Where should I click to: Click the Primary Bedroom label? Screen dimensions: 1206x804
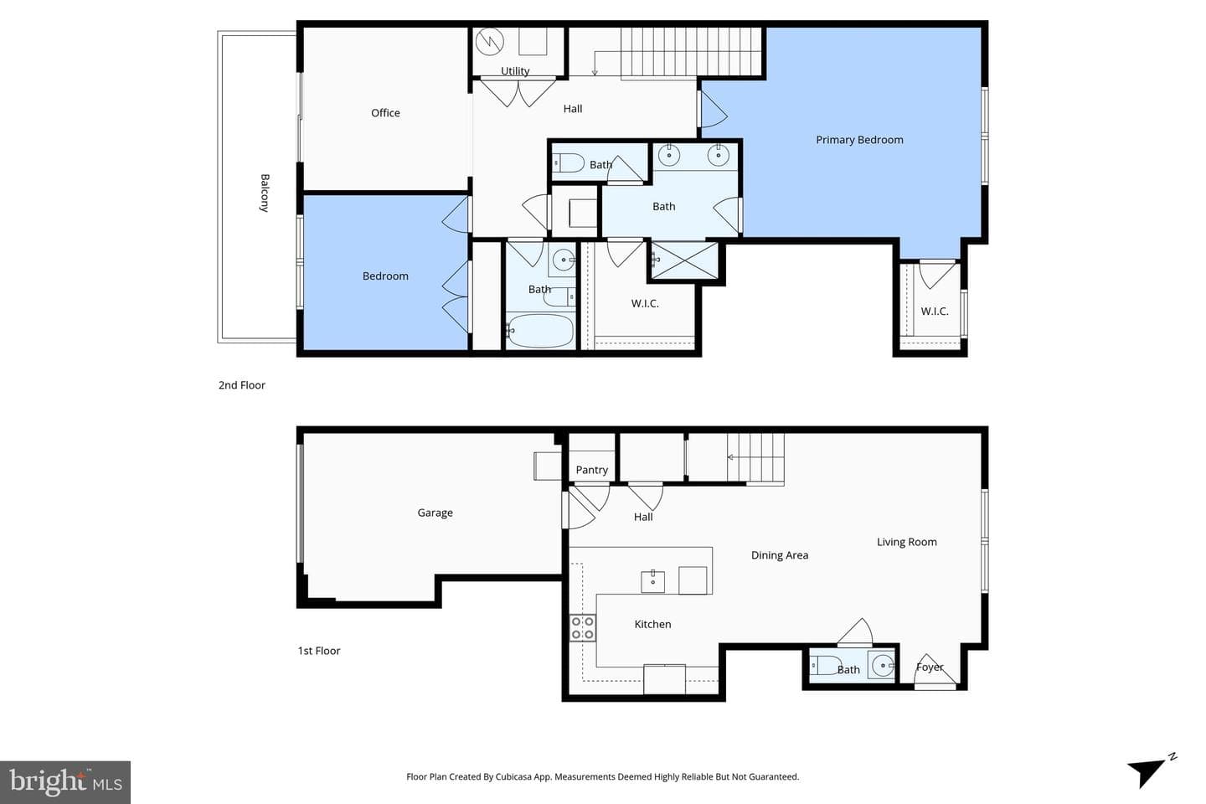[859, 140]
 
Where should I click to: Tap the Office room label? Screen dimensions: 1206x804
[385, 113]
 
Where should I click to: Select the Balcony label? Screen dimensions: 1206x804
[265, 193]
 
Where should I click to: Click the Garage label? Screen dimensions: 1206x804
[435, 513]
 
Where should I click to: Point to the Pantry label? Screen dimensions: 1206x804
[591, 470]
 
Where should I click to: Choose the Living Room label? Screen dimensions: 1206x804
[907, 543]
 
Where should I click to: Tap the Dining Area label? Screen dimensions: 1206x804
[780, 555]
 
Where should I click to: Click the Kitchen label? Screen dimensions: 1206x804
[652, 624]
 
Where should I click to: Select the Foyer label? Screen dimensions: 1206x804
[930, 667]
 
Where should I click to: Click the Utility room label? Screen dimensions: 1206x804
[515, 71]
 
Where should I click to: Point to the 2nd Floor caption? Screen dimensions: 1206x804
[242, 385]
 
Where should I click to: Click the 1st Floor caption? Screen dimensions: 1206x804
[319, 651]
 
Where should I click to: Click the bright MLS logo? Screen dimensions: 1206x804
[65, 782]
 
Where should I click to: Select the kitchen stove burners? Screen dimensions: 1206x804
[583, 628]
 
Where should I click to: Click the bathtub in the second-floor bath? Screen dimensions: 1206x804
[540, 330]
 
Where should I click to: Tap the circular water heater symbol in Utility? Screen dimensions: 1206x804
[490, 42]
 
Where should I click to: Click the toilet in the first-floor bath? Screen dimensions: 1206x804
[826, 666]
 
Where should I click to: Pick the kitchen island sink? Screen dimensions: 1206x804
[652, 582]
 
